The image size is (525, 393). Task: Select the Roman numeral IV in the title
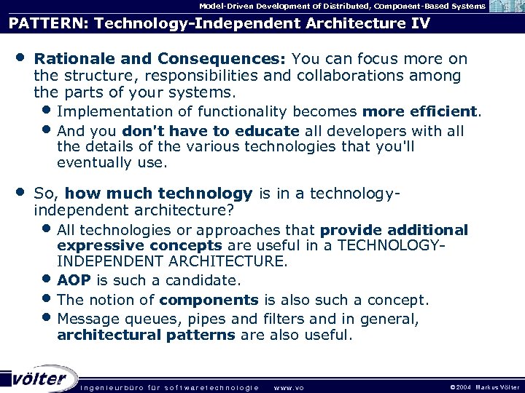pos(417,23)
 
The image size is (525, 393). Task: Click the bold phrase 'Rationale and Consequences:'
pos(160,58)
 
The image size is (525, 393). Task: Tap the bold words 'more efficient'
pos(419,112)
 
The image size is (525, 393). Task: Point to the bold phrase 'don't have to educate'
pos(211,131)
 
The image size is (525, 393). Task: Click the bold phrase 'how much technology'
pos(158,194)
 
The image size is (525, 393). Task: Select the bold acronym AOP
pos(73,281)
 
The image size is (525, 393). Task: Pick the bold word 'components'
pos(209,300)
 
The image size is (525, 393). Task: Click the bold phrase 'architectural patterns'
pos(146,336)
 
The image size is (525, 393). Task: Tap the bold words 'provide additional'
pos(394,230)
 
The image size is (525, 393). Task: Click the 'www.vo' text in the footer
pos(288,386)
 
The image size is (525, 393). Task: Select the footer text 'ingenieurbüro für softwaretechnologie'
pos(169,386)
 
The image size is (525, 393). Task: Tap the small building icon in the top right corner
pos(505,7)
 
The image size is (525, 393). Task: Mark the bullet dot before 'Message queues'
pos(47,317)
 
